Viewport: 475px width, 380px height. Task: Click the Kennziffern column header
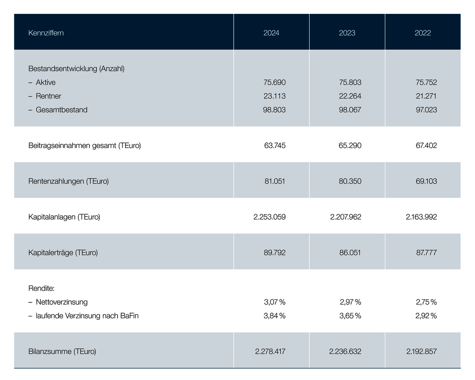tap(46, 33)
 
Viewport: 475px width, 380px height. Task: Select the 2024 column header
tap(271, 33)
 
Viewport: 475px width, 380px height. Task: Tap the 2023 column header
tap(347, 33)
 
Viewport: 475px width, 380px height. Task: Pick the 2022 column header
tap(423, 33)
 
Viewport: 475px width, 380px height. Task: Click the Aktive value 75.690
tap(275, 82)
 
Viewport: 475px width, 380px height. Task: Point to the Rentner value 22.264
tap(350, 96)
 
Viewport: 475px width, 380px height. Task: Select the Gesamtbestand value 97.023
tap(426, 110)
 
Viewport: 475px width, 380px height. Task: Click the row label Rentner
tap(48, 96)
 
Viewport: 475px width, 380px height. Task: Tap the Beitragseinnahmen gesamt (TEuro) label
tap(85, 145)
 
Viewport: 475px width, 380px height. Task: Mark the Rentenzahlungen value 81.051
tap(275, 181)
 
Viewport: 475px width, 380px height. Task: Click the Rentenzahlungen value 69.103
tap(426, 181)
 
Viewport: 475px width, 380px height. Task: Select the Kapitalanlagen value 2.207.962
tap(345, 217)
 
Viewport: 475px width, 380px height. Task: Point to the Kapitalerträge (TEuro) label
tap(63, 253)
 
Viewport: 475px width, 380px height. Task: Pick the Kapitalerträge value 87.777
tap(426, 253)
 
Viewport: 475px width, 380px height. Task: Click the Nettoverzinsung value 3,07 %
tap(275, 302)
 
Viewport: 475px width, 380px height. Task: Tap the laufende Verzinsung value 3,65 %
tap(350, 316)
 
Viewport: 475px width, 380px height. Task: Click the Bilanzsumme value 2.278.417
tap(270, 351)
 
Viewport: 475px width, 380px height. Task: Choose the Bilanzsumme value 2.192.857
tap(421, 351)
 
